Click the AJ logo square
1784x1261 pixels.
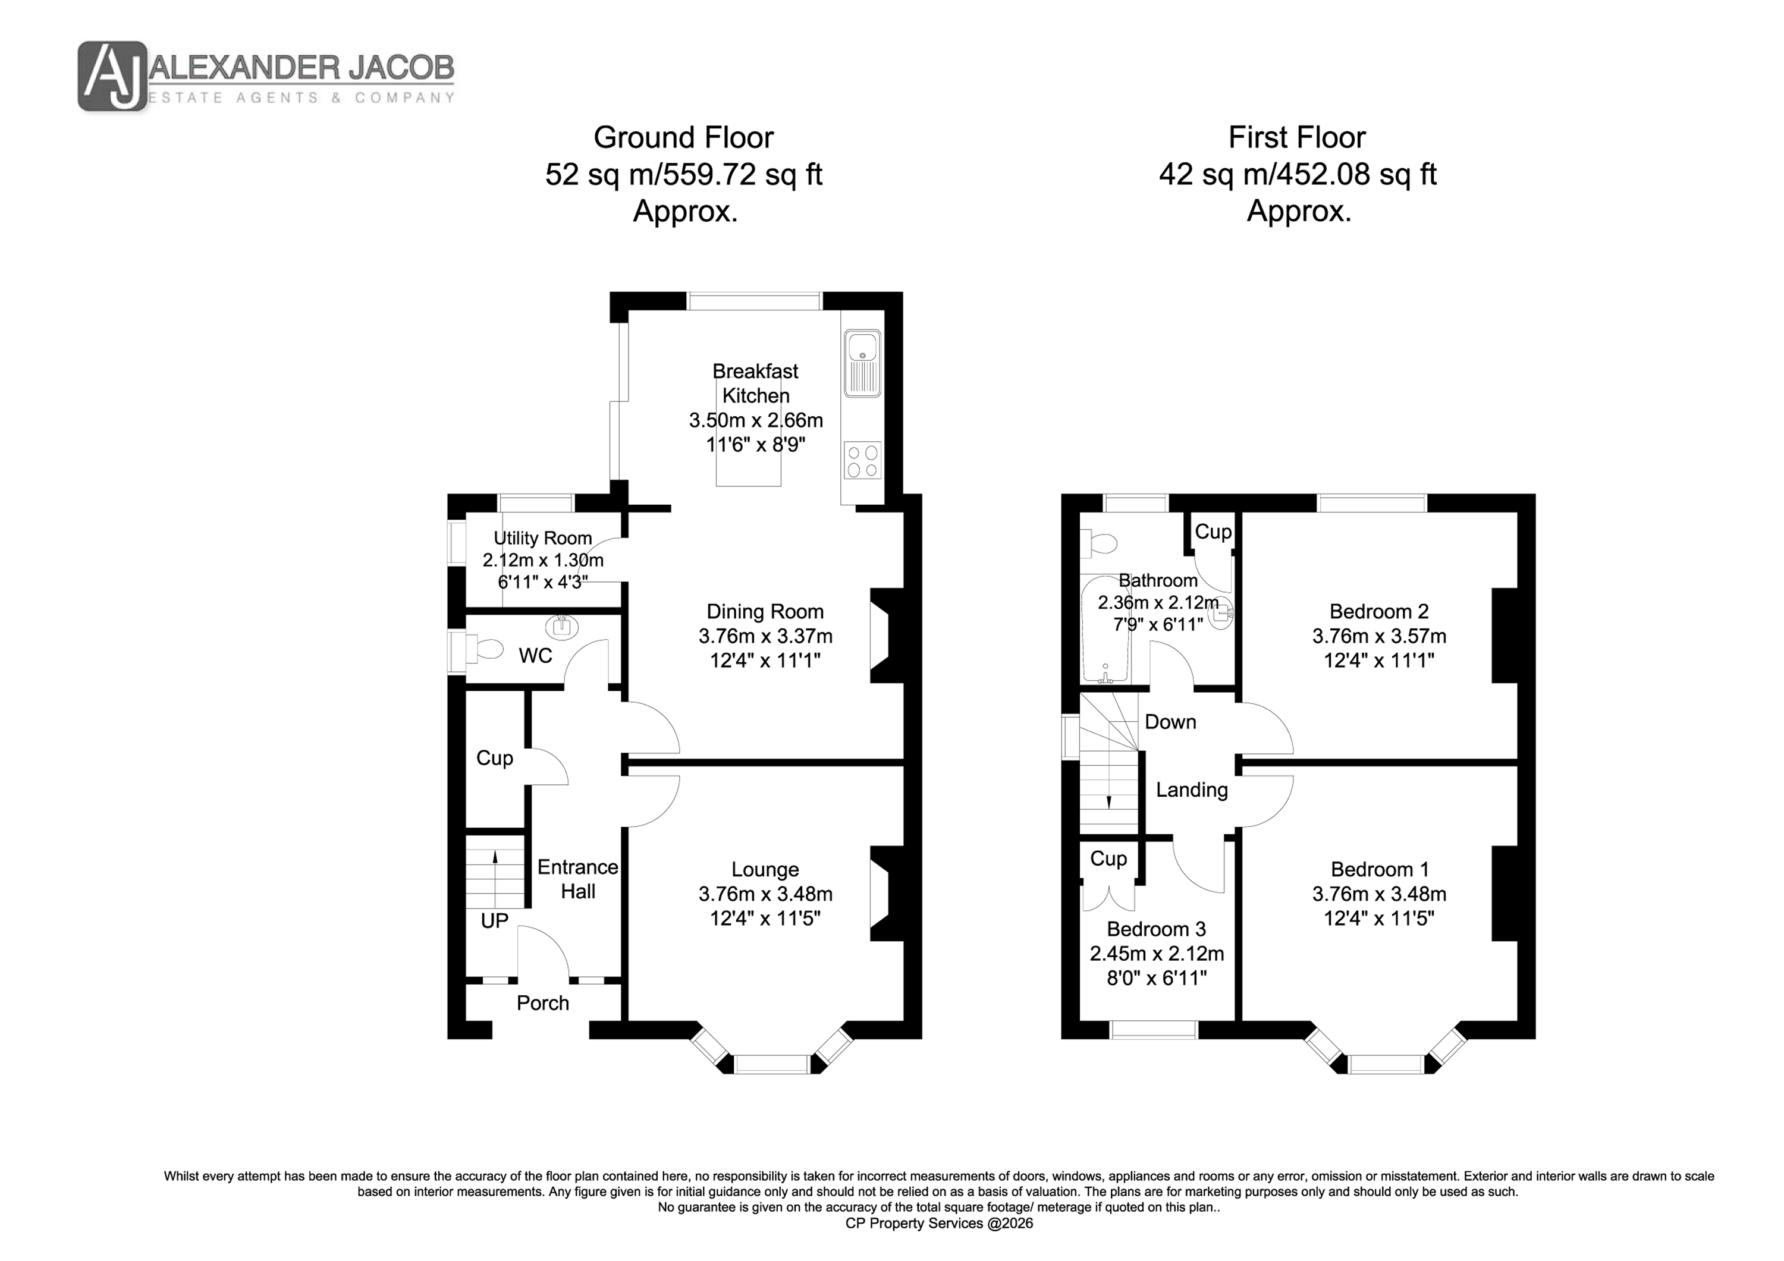pos(112,76)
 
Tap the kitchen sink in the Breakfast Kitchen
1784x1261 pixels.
pos(862,364)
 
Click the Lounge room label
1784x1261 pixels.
pos(765,869)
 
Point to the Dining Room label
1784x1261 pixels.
pos(765,611)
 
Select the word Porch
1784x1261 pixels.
pos(543,1003)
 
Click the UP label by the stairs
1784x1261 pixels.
pos(494,921)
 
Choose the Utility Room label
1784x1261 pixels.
pos(542,537)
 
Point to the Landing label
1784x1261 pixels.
pos(1192,790)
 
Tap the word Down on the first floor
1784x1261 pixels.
pos(1170,722)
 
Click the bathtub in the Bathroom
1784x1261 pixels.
pos(1105,630)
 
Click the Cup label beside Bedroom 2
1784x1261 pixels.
pos(1213,532)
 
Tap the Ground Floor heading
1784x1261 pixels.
pos(684,137)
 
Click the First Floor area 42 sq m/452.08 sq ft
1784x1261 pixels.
pos(1298,174)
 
